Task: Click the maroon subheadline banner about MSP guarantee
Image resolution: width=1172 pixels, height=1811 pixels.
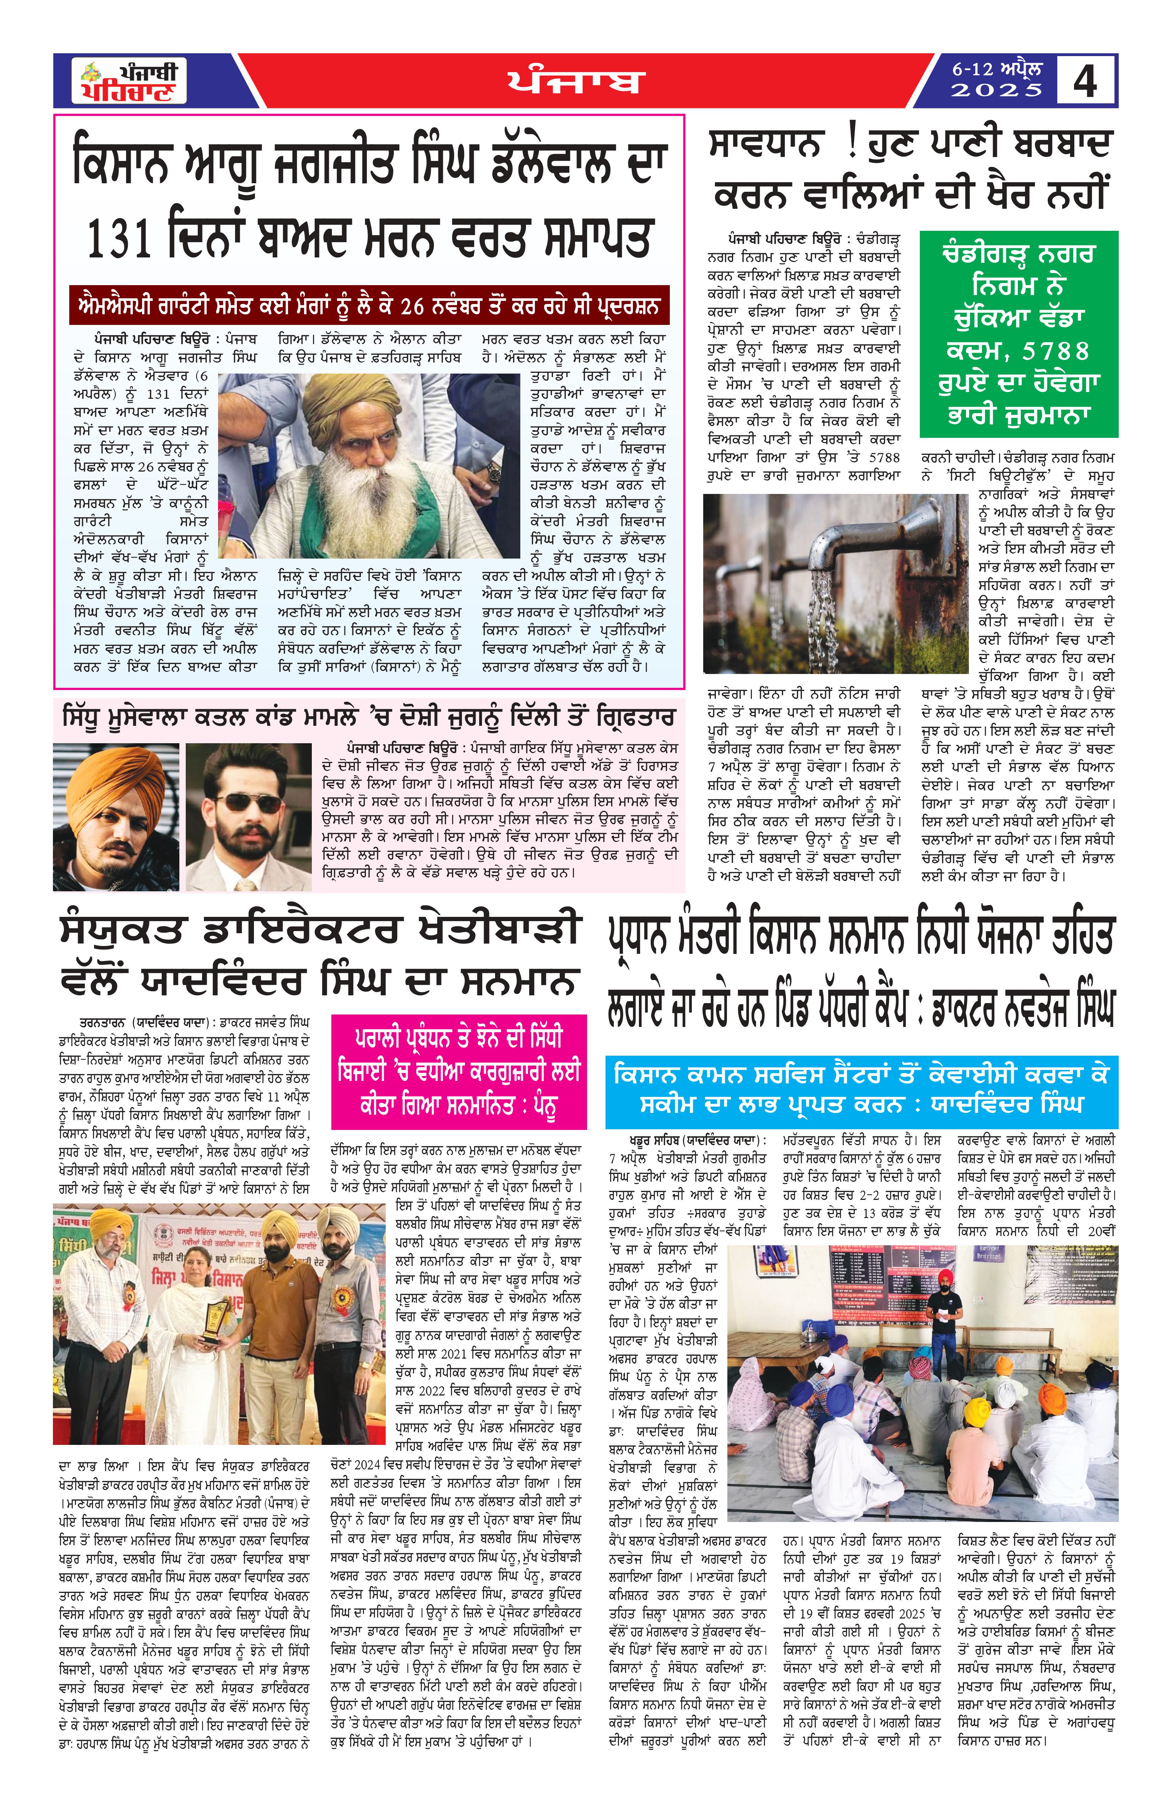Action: (x=369, y=305)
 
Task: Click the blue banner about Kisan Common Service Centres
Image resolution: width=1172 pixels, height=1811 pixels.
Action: (x=862, y=1091)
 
